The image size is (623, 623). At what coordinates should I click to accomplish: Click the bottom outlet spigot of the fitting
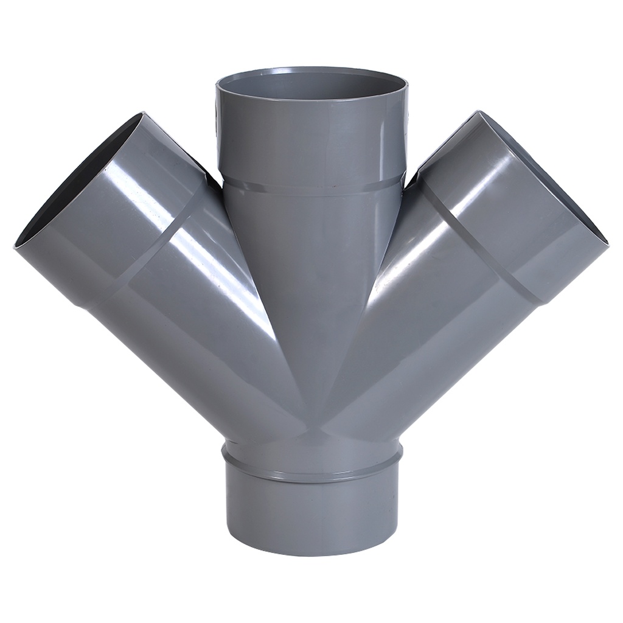click(311, 517)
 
